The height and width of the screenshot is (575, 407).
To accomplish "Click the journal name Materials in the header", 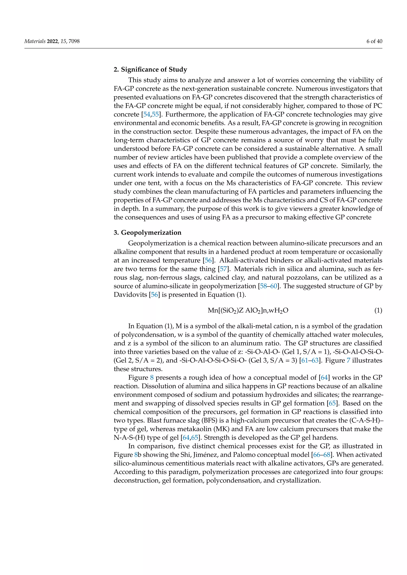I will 35,41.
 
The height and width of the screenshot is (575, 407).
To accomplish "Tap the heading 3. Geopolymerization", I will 147,233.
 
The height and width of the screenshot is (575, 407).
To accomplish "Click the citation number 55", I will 155,114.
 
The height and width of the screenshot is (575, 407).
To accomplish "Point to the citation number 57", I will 224,269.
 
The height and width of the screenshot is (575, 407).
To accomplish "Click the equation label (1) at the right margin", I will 378,311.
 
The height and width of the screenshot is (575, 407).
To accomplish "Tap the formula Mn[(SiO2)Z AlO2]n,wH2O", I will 248,311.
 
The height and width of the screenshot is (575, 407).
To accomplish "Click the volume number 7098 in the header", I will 74,41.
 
